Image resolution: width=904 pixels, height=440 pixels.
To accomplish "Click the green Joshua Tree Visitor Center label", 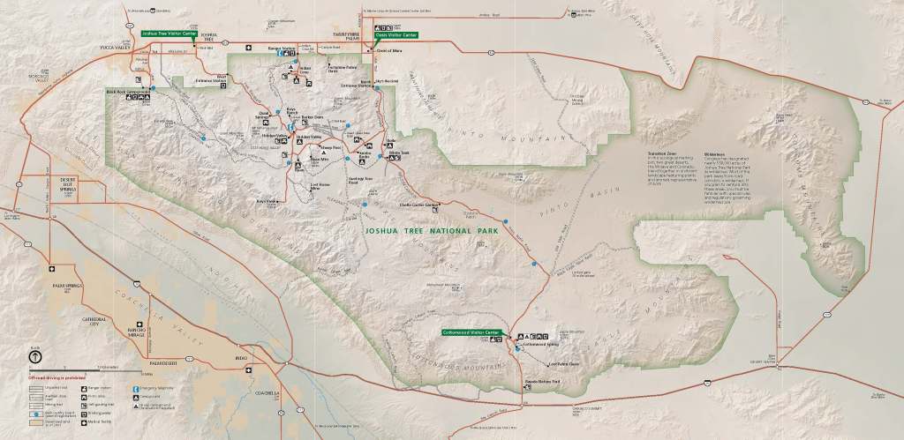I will [169, 34].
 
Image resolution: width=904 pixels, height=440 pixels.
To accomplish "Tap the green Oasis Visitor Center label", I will [395, 34].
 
